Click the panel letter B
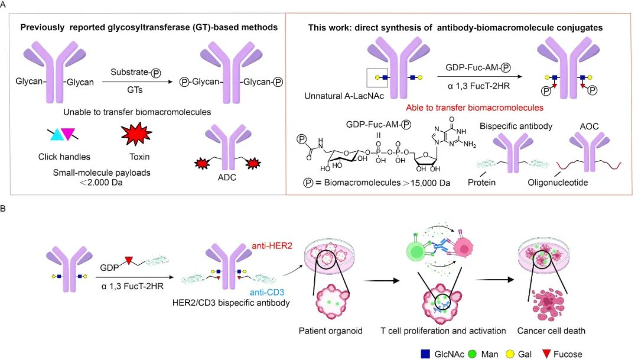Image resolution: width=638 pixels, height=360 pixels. [6, 209]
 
